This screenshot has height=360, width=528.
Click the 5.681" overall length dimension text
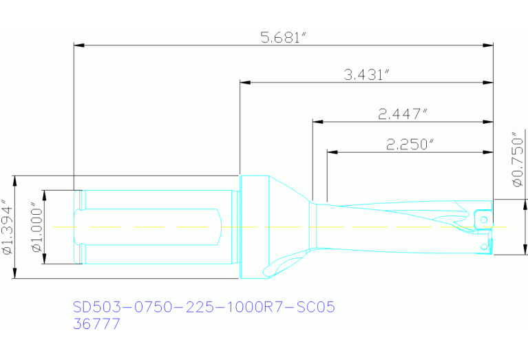click(283, 38)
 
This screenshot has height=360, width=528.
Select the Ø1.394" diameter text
click(8, 228)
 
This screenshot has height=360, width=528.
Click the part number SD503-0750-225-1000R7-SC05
click(204, 307)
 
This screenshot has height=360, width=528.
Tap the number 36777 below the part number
click(96, 324)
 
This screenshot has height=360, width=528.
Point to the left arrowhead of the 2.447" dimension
click(317, 122)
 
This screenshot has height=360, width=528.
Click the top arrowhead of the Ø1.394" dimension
click(14, 180)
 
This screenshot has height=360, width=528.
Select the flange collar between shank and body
click(252, 227)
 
